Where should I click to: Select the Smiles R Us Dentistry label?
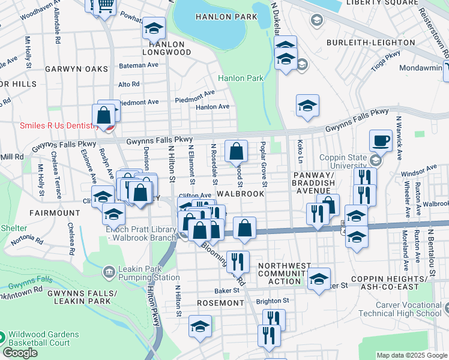51,125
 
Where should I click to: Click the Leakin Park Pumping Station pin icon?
109,272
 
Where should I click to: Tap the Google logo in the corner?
20,353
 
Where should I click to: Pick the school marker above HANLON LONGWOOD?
154,28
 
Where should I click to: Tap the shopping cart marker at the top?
104,6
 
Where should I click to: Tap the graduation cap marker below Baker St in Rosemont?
200,326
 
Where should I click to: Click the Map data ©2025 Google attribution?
412,355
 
